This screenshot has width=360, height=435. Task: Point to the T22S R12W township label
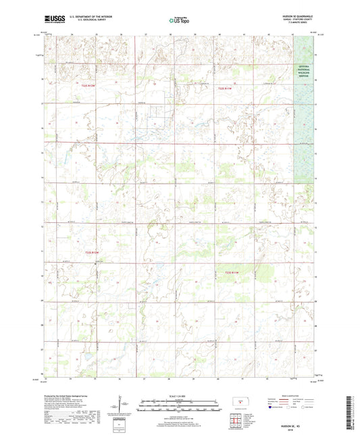[91, 86]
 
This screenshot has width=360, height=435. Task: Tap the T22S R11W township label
[225, 88]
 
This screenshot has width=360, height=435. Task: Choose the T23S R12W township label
[92, 253]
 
